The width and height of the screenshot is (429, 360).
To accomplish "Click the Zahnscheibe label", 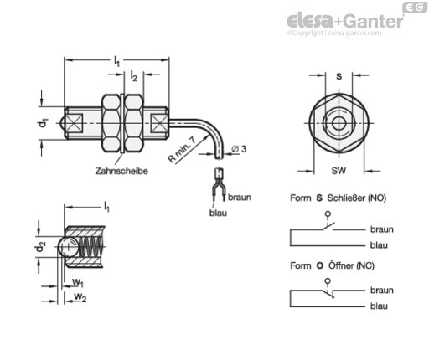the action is coord(121,171).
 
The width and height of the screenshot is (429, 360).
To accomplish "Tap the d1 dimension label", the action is coord(43,123).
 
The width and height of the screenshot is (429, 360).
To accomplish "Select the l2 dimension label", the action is coord(134,76).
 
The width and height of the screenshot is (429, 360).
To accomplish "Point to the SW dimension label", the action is coord(339,170).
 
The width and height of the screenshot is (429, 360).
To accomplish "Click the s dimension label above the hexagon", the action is coord(339,76).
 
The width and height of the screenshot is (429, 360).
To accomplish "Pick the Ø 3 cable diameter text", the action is coord(240,149).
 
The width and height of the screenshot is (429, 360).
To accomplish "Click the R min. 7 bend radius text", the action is coord(182,149).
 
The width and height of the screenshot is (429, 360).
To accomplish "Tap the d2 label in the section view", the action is coord(41,246).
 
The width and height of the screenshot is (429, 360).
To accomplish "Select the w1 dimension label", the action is coord(78,282).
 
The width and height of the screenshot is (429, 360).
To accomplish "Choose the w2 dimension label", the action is coord(80,297).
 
